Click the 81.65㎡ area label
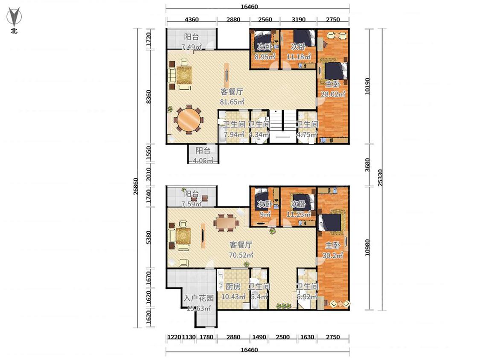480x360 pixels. click(232, 102)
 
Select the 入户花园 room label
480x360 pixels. click(199, 298)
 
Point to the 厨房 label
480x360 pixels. click(233, 287)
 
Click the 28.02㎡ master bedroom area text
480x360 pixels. click(333, 94)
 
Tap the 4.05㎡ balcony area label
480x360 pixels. click(203, 160)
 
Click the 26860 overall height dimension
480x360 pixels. click(136, 186)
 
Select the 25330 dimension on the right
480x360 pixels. click(380, 177)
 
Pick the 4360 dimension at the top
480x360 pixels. click(192, 20)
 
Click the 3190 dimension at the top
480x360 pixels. click(299, 20)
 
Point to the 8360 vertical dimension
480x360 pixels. click(148, 96)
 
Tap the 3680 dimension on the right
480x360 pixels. click(367, 165)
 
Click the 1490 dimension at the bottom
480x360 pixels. click(259, 337)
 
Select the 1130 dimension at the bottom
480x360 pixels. click(189, 337)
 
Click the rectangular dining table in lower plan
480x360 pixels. click(226, 223)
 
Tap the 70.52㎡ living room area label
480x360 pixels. click(241, 255)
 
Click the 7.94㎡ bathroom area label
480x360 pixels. click(234, 135)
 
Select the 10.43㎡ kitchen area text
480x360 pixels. click(233, 296)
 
